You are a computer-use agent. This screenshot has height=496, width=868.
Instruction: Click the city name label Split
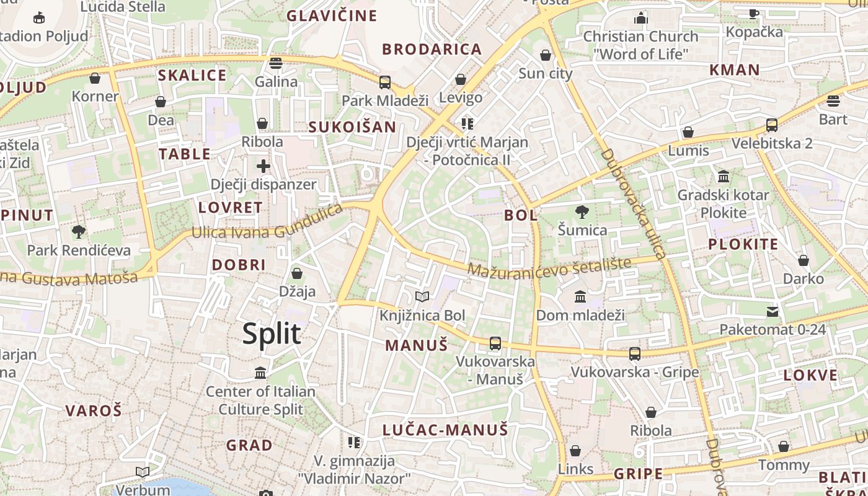pos(272,334)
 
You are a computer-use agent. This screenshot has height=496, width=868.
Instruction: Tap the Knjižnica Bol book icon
pos(422,297)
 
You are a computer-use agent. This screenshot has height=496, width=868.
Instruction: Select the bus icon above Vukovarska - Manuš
pos(495,343)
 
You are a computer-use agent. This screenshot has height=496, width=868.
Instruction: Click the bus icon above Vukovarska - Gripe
pos(634,353)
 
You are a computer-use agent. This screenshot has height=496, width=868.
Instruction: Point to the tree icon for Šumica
pos(582,212)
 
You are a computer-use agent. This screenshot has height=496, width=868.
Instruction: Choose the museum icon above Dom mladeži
pos(580,297)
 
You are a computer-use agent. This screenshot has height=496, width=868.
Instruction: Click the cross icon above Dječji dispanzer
pos(263,166)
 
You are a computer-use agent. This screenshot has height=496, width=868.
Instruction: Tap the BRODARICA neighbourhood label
pos(432,50)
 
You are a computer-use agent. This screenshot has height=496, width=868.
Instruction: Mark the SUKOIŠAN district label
pos(352,127)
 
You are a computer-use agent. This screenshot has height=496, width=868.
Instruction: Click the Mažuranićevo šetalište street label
pos(549,268)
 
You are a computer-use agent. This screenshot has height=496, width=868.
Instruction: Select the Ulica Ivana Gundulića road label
pos(267,223)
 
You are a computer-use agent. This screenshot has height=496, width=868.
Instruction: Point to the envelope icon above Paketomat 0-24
pos(773,311)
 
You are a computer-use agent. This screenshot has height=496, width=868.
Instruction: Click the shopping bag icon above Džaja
pos(297,273)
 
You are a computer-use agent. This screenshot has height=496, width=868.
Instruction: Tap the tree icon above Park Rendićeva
pos(79,232)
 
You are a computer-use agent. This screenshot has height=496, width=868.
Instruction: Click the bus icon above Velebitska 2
pos(772,125)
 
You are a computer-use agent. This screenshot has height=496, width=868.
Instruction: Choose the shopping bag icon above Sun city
pos(546,55)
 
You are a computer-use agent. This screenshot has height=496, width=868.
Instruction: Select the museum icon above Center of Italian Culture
pos(260,373)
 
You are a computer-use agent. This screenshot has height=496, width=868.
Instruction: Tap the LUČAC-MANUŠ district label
pos(445,430)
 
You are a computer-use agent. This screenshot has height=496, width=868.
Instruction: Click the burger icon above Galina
pos(276,63)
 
